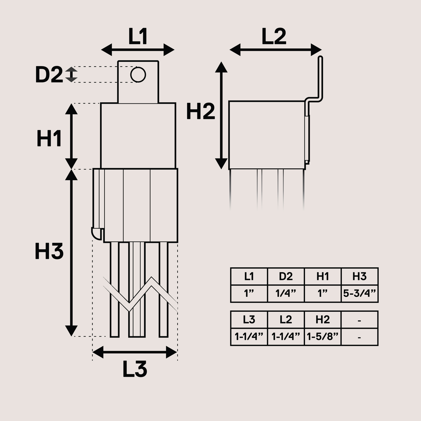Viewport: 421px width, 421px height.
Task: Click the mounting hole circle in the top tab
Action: pyautogui.click(x=138, y=75)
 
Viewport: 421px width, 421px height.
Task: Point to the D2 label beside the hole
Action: pyautogui.click(x=49, y=75)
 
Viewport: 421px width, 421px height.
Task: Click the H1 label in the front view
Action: pyautogui.click(x=49, y=138)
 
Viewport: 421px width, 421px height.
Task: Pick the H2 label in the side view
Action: pyautogui.click(x=201, y=112)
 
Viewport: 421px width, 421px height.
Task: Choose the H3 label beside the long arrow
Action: pyautogui.click(x=49, y=252)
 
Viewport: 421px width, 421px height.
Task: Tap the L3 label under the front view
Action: pyautogui.click(x=135, y=369)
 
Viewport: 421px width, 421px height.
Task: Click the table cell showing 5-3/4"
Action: pyautogui.click(x=359, y=293)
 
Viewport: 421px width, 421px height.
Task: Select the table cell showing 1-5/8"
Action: pyautogui.click(x=323, y=337)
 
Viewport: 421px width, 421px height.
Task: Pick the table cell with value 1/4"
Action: pyautogui.click(x=286, y=293)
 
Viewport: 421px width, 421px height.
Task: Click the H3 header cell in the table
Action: pyautogui.click(x=359, y=277)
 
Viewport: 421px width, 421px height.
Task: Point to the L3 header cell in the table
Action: pyautogui.click(x=249, y=320)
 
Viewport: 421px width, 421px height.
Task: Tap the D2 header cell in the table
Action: pyautogui.click(x=286, y=277)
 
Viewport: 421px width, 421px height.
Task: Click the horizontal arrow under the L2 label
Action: pyautogui.click(x=275, y=49)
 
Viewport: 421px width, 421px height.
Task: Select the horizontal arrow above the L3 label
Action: pyautogui.click(x=135, y=352)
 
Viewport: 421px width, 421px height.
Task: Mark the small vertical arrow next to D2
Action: pyautogui.click(x=71, y=74)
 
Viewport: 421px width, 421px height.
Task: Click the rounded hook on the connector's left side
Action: pyautogui.click(x=97, y=233)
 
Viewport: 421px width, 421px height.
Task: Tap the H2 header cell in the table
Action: pyautogui.click(x=323, y=320)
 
